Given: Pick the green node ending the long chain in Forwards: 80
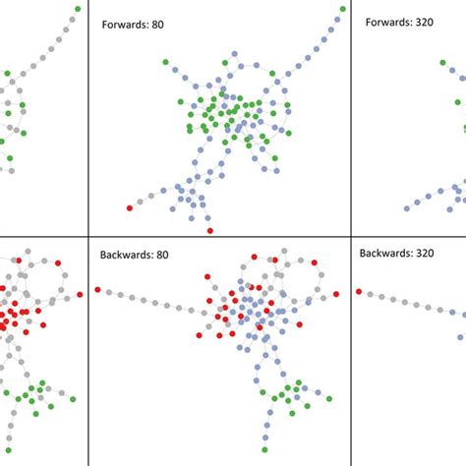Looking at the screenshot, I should pyautogui.click(x=343, y=9).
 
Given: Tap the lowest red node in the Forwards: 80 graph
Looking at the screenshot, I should pyautogui.click(x=209, y=231).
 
